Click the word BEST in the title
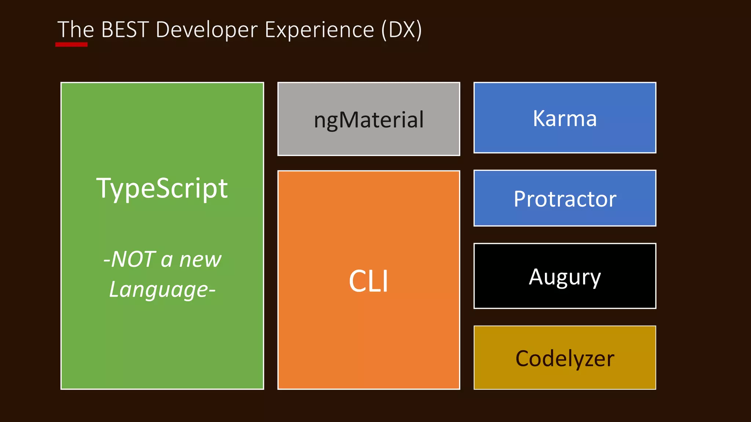point(125,30)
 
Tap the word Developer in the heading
point(206,30)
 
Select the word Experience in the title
point(319,30)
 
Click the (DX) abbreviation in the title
point(402,30)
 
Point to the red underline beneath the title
point(72,45)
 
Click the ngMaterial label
point(369,120)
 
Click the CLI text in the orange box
point(369,281)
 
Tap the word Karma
point(565,118)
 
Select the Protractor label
point(565,199)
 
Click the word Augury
point(565,277)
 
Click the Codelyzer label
point(565,359)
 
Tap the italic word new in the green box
point(200,259)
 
